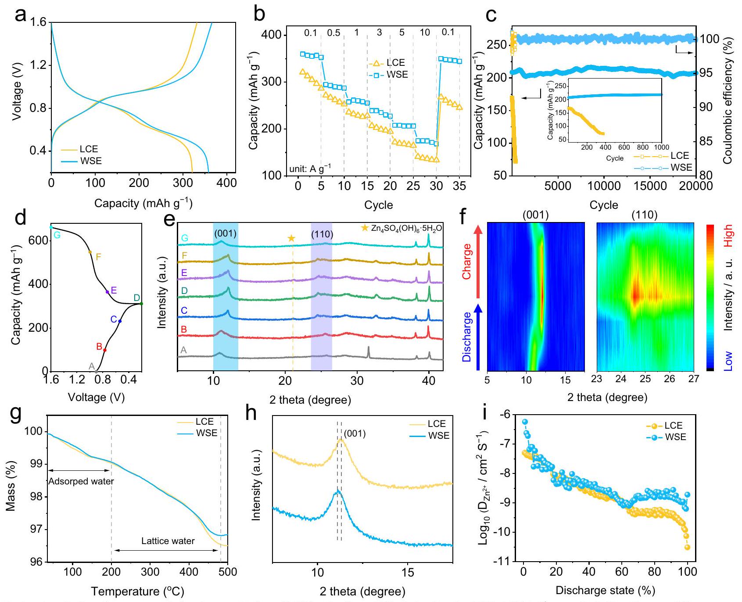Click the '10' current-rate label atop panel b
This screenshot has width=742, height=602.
tap(425, 33)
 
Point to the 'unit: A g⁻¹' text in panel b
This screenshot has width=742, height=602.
tap(310, 168)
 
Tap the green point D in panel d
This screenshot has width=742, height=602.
tap(141, 303)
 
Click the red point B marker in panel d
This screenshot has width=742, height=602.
tap(104, 350)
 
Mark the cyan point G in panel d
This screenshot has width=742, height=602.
tap(51, 227)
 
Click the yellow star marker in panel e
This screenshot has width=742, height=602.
tap(291, 238)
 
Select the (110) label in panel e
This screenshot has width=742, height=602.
tap(322, 235)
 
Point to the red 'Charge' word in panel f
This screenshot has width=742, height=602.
tap(466, 262)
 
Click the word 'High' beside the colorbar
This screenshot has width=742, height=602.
tap(728, 236)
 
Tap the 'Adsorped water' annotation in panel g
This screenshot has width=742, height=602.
tap(81, 481)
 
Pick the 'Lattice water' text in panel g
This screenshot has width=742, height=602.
tap(168, 541)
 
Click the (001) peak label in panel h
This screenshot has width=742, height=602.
tap(355, 434)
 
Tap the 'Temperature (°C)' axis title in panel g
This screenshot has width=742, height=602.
tap(137, 591)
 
